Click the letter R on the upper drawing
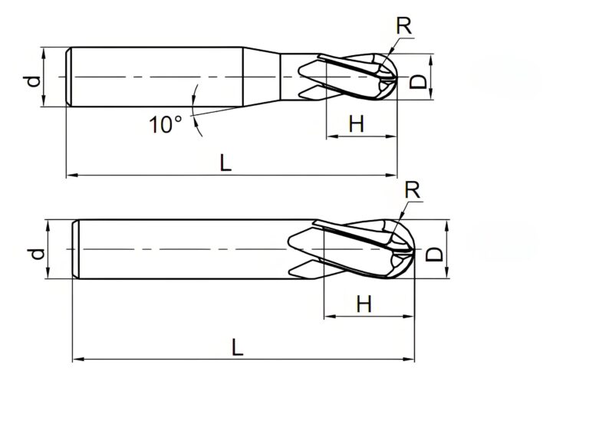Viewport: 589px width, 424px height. (x=404, y=25)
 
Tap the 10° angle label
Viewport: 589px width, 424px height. (x=165, y=124)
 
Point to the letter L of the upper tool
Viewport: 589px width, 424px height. (x=225, y=162)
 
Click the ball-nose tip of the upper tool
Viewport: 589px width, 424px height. (x=394, y=77)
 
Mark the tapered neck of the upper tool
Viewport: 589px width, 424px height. (x=261, y=77)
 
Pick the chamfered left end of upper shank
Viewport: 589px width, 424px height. (x=69, y=77)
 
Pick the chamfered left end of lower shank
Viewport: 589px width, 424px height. (x=75, y=250)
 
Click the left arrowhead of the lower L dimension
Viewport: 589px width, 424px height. (x=77, y=359)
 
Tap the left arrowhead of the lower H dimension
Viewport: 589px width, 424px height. (x=328, y=316)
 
